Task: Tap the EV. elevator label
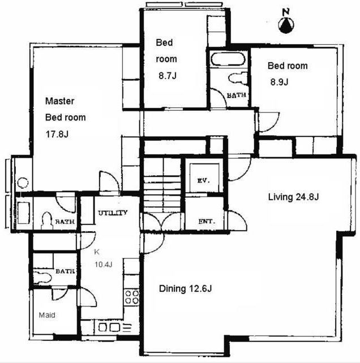pos(204,180)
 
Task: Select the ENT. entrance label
pos(207,222)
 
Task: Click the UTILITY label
pos(113,213)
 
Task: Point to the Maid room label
pos(47,315)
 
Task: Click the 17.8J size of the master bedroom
pos(57,134)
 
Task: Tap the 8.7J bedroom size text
pos(168,76)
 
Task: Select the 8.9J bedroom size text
pos(279,82)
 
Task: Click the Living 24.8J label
pos(293,197)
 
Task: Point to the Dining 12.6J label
pos(185,289)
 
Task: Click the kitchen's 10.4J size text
pos(104,264)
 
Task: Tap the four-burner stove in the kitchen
pos(132,297)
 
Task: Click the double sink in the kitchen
pos(109,327)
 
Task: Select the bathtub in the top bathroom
pos(228,59)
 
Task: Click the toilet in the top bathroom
pos(238,78)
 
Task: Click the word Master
pos(60,101)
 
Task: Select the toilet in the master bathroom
pos(47,221)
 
